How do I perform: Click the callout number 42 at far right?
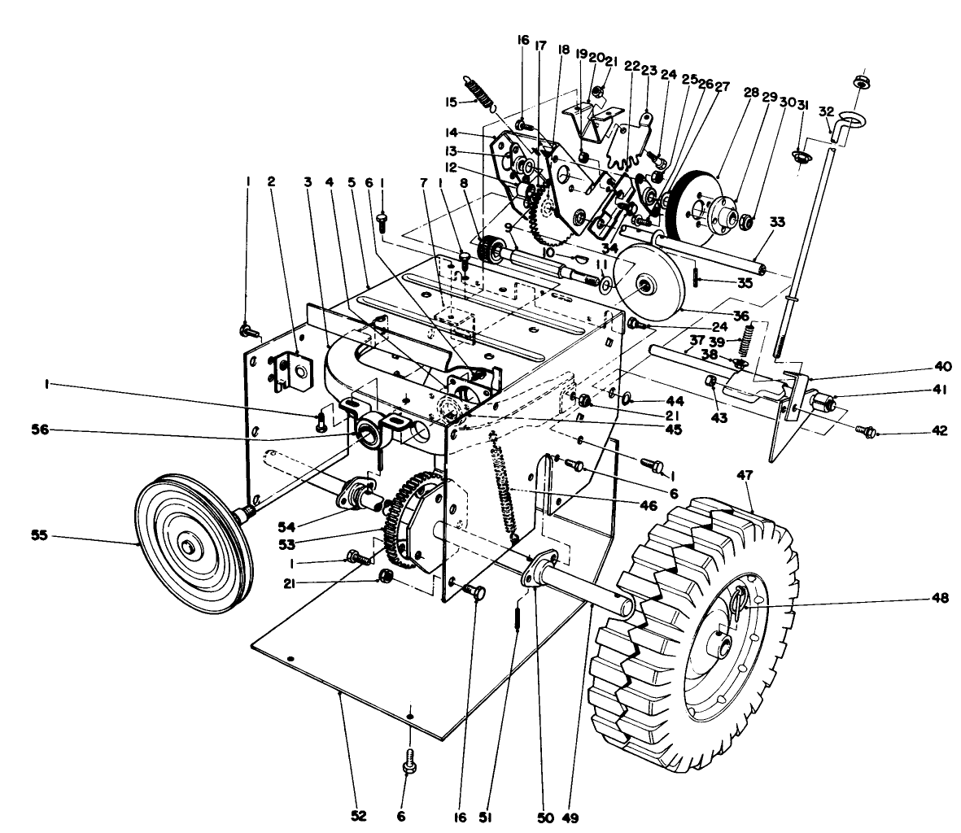pos(939,432)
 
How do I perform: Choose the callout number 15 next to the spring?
pos(450,102)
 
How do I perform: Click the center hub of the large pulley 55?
pos(189,546)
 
